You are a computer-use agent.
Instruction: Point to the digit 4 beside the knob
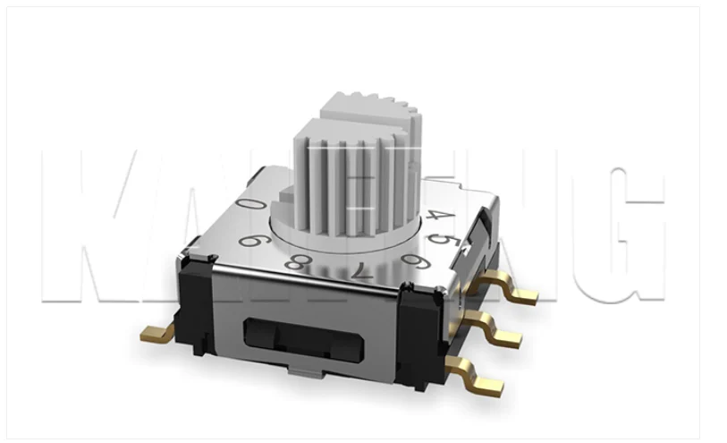point(435,216)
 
